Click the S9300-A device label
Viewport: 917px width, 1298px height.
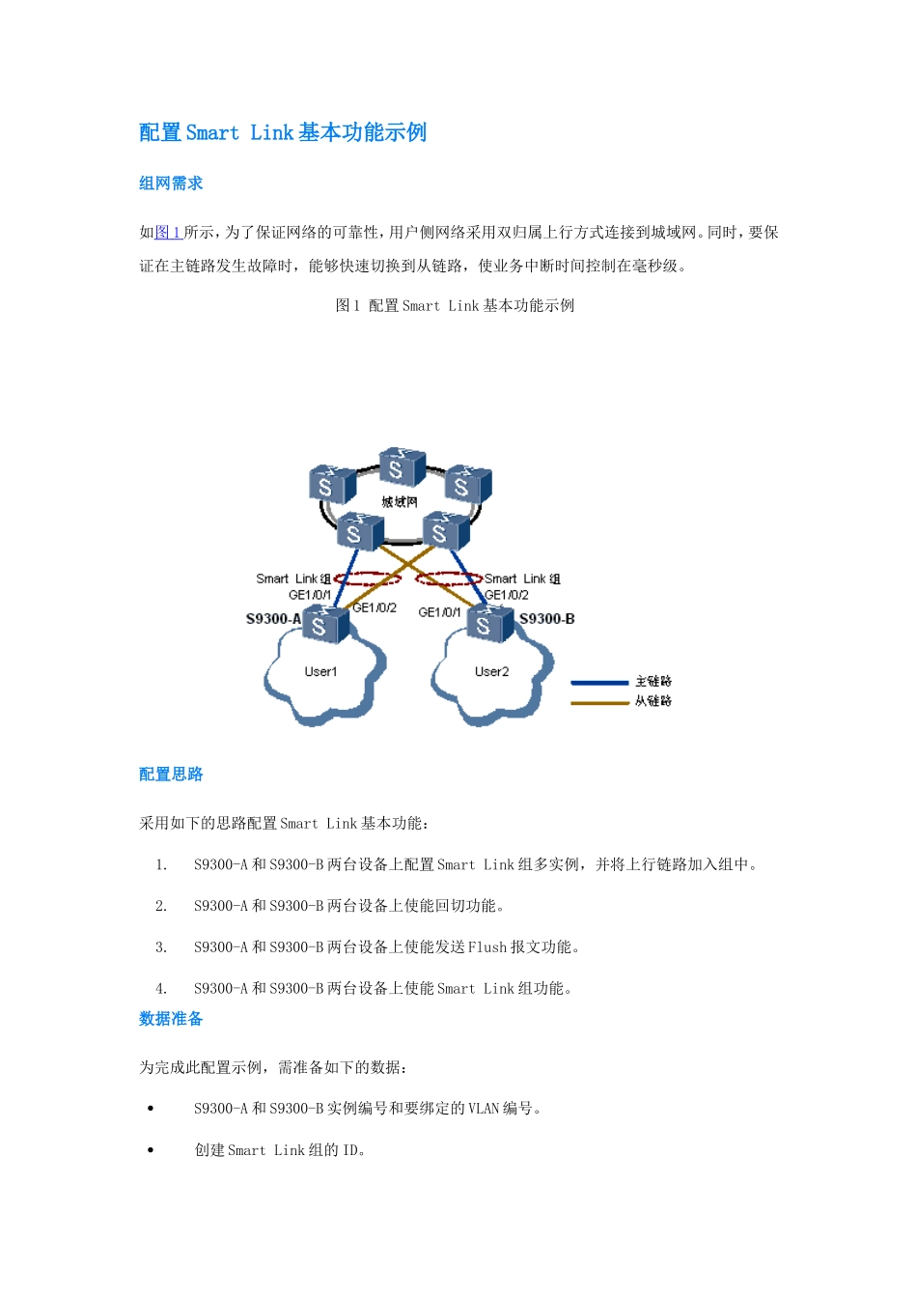273,619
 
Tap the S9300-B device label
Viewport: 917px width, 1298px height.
546,619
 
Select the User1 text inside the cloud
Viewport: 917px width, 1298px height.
320,672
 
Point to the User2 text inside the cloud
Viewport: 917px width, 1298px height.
491,672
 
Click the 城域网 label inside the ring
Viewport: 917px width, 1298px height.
400,502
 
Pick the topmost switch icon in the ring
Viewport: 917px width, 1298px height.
402,467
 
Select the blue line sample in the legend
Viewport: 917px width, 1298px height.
599,683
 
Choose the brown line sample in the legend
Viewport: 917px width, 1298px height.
599,702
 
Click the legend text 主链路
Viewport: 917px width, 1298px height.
653,682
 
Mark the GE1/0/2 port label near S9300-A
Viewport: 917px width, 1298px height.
375,608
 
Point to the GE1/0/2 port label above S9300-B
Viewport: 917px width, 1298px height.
507,595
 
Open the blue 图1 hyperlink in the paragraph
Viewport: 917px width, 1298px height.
169,233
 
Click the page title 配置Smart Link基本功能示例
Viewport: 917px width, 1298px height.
283,132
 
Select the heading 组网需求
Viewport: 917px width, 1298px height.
171,183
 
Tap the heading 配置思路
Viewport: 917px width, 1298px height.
171,775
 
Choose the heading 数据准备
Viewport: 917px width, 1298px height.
171,1019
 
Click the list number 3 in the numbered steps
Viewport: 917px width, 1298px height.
161,947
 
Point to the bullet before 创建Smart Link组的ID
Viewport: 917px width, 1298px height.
151,1150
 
